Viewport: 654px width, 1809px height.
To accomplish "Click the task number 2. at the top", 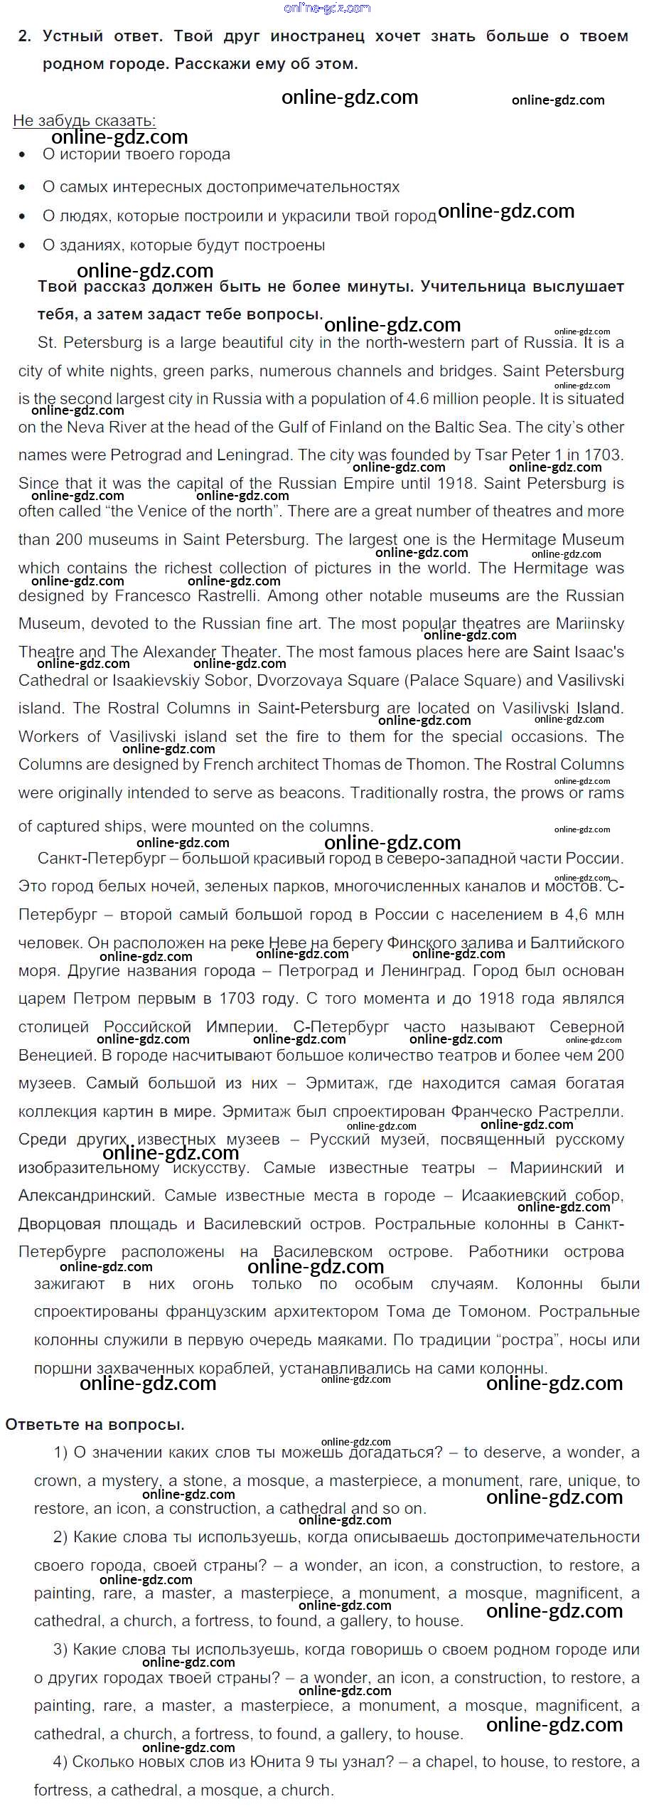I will click(25, 36).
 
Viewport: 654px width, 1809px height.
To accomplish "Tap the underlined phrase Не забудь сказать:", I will click(84, 120).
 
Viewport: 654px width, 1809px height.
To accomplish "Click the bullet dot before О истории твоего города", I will click(23, 155).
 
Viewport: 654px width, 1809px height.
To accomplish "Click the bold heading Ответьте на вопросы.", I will click(95, 1425).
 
